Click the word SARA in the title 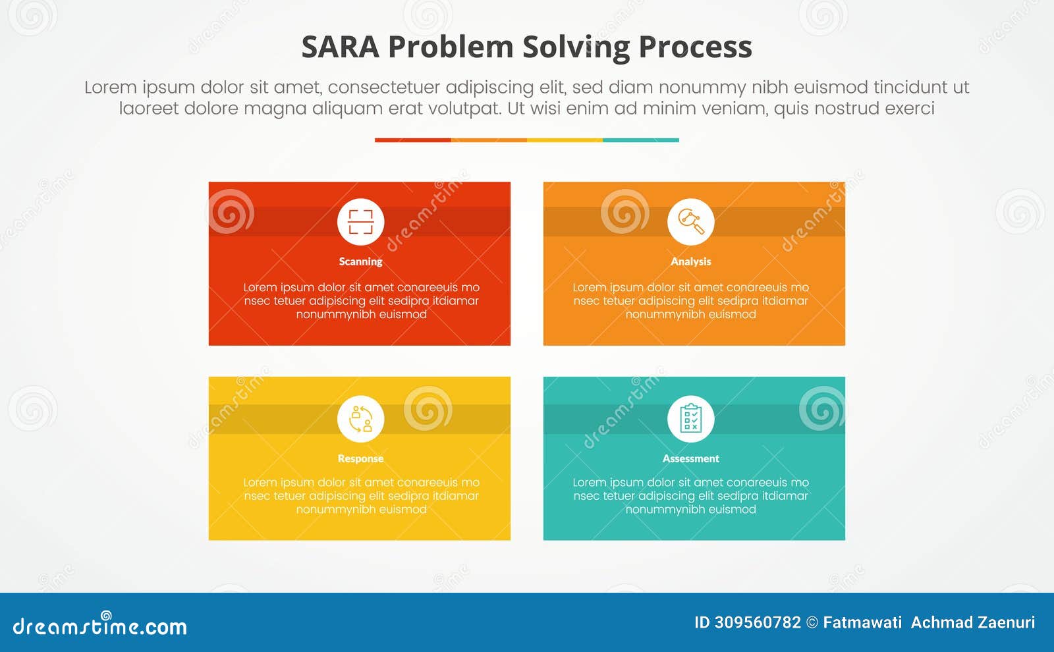pos(340,47)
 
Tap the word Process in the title pos(695,47)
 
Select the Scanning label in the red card pos(360,261)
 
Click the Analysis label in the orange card pos(690,261)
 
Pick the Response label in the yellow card pos(360,458)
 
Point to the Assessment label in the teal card pos(690,458)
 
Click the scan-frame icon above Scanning pos(360,222)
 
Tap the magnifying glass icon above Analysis pos(691,221)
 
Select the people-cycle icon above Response pos(361,419)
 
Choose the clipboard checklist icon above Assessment pos(691,418)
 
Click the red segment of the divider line pos(412,140)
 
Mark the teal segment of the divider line pos(641,140)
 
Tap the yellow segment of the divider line pos(565,140)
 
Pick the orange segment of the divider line pos(489,140)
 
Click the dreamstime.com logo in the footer pos(99,624)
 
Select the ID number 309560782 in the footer pos(758,623)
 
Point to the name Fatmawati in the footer pos(862,623)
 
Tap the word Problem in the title pos(451,47)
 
